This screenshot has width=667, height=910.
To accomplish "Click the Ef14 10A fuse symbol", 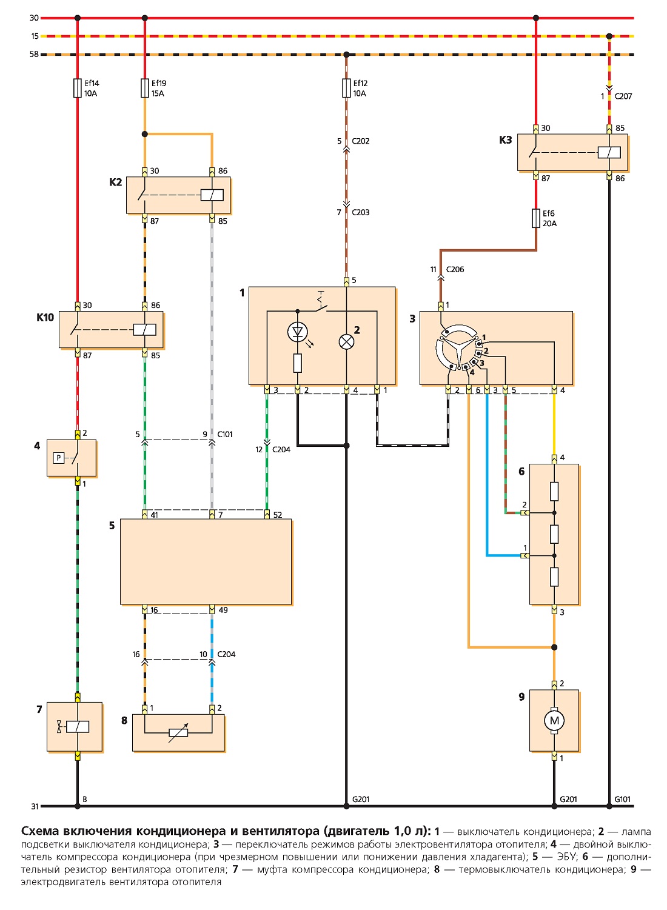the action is tap(77, 88).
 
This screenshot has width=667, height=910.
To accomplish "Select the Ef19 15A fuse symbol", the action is tap(144, 88).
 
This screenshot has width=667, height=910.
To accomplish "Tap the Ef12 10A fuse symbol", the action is tap(346, 88).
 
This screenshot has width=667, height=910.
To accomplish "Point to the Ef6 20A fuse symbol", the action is tap(536, 218).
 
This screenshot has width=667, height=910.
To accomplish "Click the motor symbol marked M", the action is tap(554, 721).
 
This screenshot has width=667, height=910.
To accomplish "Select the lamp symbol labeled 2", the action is tap(346, 342).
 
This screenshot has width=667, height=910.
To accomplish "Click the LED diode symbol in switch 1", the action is tap(297, 332).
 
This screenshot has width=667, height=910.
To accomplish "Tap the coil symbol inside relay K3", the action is tap(609, 153).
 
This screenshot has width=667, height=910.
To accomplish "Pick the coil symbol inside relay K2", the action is tap(212, 195).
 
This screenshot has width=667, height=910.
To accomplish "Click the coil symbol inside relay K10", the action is tap(144, 329).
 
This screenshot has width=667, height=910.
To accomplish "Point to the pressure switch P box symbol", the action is tap(58, 458).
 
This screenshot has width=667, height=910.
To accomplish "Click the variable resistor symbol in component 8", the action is tap(178, 732).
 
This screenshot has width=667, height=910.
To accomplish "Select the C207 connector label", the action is tap(623, 96).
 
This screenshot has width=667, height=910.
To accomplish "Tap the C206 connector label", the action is tap(455, 269).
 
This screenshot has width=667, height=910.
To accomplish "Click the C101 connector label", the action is tap(224, 434).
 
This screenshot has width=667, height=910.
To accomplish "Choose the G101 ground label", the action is tap(622, 799).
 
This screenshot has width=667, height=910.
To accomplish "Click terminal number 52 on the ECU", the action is tap(278, 515).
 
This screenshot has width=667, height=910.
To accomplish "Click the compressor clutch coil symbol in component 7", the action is tap(77, 727).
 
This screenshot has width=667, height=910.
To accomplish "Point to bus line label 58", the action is tap(34, 54).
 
